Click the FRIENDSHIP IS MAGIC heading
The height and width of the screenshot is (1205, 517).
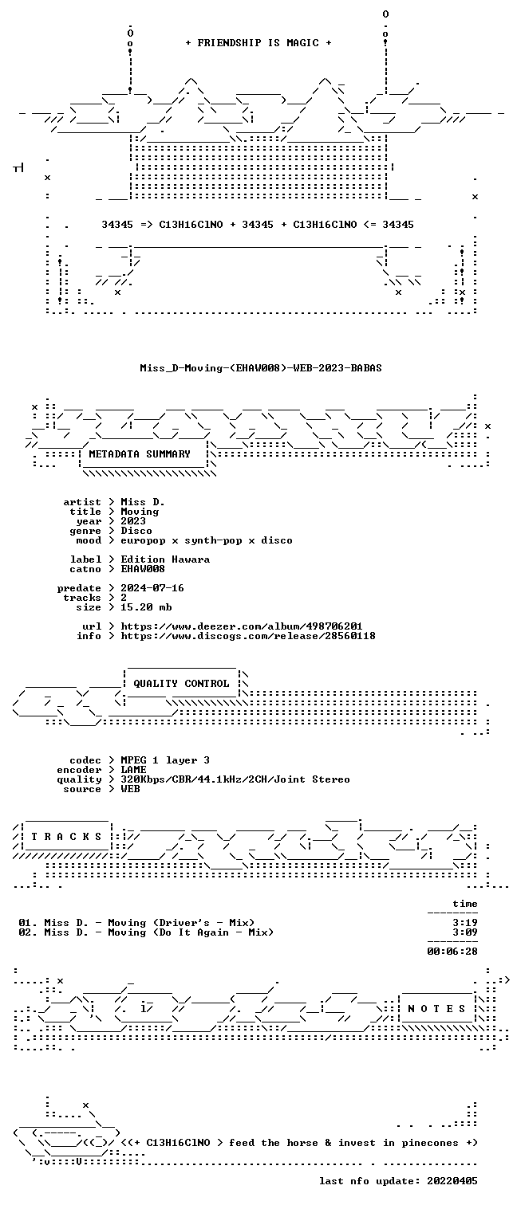point(258,43)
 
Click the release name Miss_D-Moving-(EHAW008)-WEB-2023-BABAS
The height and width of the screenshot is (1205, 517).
point(261,368)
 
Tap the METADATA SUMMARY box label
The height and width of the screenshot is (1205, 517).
point(140,454)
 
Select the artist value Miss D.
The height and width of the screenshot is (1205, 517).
point(143,502)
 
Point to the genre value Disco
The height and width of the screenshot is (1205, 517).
point(136,531)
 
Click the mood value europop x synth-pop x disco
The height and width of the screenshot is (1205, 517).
point(207,540)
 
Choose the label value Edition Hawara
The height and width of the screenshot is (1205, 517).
point(165,559)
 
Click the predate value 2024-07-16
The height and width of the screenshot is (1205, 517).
point(152,588)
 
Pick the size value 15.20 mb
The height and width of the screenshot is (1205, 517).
point(146,607)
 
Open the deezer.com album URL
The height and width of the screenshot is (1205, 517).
point(241,626)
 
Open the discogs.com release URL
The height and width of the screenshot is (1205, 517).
point(247,636)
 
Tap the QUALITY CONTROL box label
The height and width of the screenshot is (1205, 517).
point(181,684)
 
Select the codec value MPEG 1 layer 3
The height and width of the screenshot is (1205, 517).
point(165,760)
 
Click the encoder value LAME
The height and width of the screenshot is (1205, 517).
point(133,770)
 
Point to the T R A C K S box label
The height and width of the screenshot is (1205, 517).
point(66,837)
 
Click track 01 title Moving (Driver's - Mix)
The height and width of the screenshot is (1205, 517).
point(181,923)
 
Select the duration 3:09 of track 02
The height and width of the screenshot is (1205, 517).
point(465,932)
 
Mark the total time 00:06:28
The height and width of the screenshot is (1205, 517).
point(452,952)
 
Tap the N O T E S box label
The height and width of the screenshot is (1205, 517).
point(436,1009)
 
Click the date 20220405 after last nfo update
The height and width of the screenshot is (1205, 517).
point(452,1181)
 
